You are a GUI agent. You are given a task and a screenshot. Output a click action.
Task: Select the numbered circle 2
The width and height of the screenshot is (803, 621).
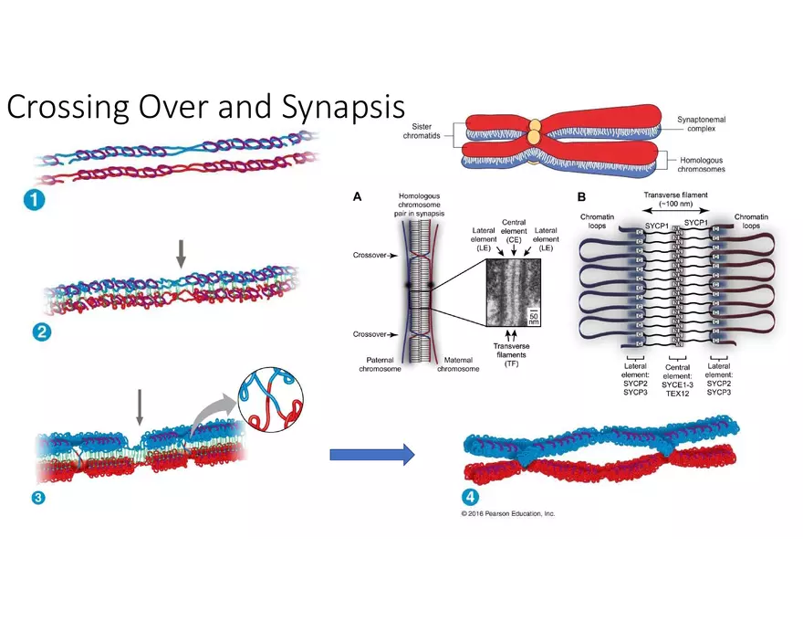click(41, 332)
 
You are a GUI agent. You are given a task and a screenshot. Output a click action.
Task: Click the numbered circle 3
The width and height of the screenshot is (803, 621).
click(38, 498)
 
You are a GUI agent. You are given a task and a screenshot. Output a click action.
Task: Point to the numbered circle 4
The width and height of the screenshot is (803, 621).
click(470, 498)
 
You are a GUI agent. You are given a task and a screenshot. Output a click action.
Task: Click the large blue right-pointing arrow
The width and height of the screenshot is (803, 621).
click(371, 454)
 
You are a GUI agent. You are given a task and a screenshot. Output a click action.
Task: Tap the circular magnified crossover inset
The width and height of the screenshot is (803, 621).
click(269, 402)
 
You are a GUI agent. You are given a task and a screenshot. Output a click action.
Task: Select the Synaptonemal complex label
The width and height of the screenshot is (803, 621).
click(704, 124)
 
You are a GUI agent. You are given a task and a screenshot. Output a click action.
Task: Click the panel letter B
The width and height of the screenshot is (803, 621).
click(581, 196)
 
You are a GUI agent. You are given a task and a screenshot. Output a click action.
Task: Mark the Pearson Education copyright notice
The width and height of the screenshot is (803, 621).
click(508, 514)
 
